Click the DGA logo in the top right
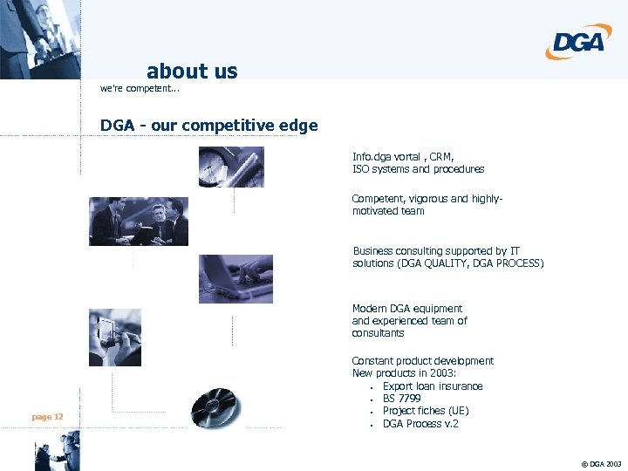579,41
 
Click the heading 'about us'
192,71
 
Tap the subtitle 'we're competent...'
140,89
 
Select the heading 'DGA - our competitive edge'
208,126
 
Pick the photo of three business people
138,222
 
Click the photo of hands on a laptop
235,278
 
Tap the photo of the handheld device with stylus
114,337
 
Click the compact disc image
215,406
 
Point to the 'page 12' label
47,417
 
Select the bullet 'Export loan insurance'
432,386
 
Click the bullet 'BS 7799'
401,399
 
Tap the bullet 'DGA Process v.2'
420,424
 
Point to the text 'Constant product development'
422,361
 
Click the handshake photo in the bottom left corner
57,455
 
